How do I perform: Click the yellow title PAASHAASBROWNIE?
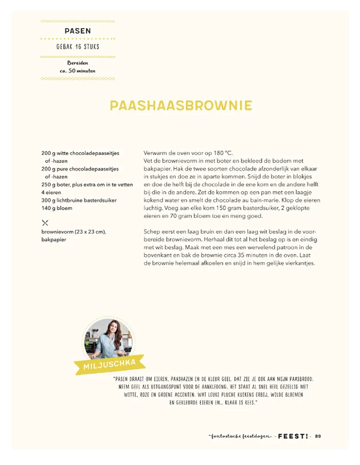point(181,106)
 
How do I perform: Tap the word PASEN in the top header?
point(78,31)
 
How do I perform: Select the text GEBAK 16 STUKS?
point(78,47)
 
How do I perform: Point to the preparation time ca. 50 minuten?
point(78,70)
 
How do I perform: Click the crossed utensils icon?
point(45,222)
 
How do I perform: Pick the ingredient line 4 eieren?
point(51,192)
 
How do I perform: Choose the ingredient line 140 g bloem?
point(57,208)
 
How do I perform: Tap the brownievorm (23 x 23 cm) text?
point(74,232)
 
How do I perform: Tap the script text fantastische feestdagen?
point(241,436)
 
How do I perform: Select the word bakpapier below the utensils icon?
point(54,239)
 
